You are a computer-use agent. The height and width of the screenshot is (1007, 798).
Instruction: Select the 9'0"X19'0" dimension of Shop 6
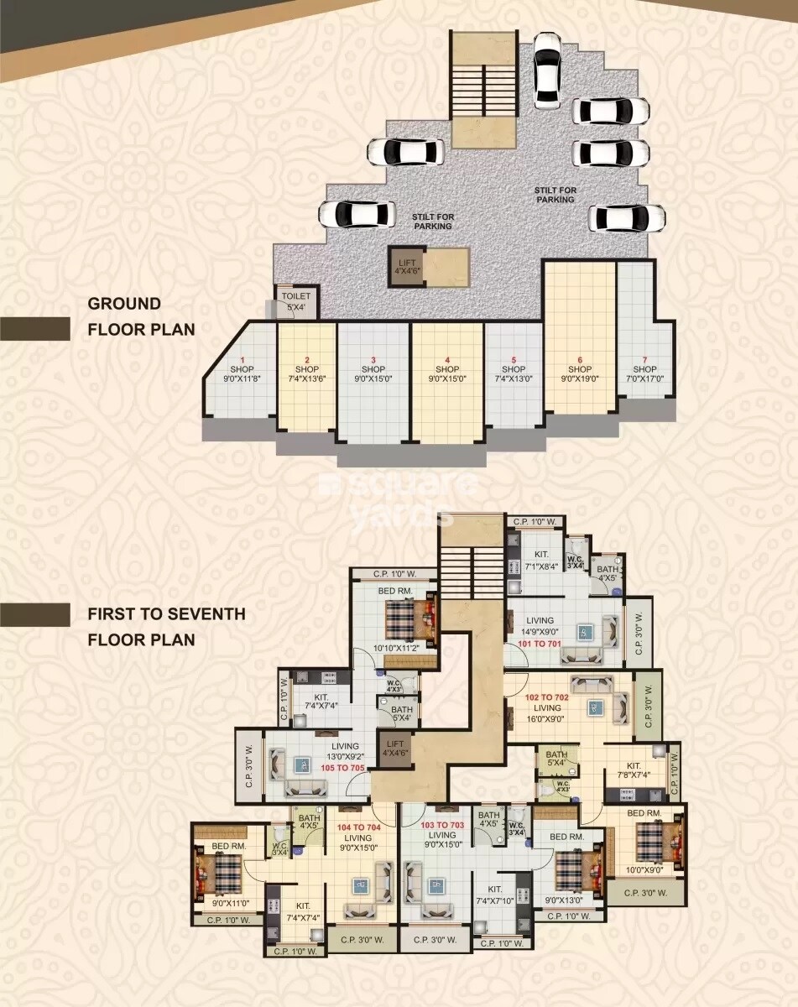click(x=580, y=378)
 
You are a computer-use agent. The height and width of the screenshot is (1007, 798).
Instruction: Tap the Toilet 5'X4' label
click(x=296, y=301)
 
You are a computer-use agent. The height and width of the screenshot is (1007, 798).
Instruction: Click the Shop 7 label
click(x=644, y=369)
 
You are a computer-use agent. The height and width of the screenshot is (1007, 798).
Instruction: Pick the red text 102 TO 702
click(x=546, y=697)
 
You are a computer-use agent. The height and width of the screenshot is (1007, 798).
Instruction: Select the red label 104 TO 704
click(x=359, y=827)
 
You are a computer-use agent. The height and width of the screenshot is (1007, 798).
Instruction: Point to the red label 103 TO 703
click(x=442, y=826)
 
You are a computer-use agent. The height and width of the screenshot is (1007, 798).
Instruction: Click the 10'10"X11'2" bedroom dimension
click(x=394, y=649)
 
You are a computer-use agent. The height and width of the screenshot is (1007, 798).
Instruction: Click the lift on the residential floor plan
click(x=394, y=748)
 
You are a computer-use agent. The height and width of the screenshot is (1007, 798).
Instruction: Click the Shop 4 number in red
click(x=447, y=359)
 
